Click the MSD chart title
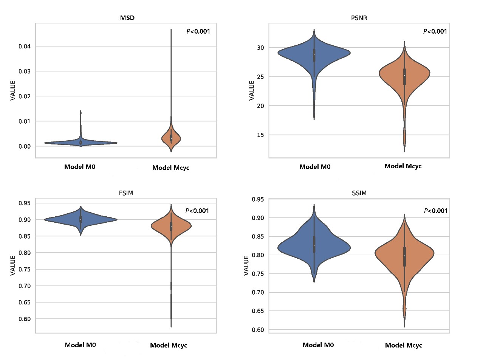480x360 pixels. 125,17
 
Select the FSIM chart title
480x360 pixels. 125,193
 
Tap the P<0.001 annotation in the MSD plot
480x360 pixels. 198,31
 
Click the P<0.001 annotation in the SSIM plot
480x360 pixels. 435,211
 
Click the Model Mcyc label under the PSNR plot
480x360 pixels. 403,166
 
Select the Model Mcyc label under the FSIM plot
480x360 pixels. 169,345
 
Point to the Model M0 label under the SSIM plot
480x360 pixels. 318,345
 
